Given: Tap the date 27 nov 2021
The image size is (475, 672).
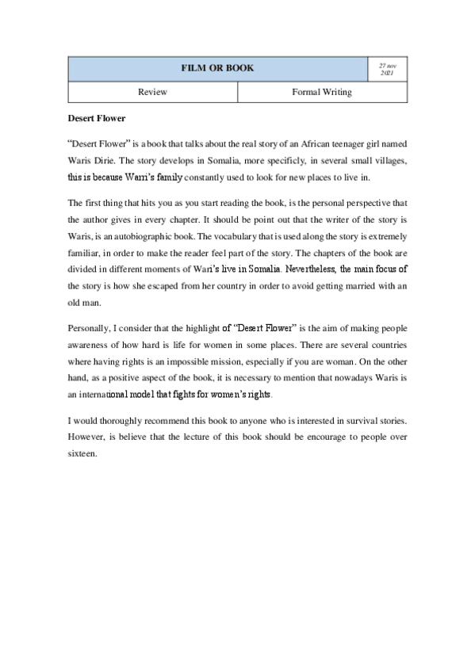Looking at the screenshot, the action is [x=387, y=68].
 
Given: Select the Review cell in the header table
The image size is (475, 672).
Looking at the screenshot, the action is [x=152, y=92].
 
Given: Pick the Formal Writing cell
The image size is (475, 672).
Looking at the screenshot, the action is [x=322, y=92].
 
